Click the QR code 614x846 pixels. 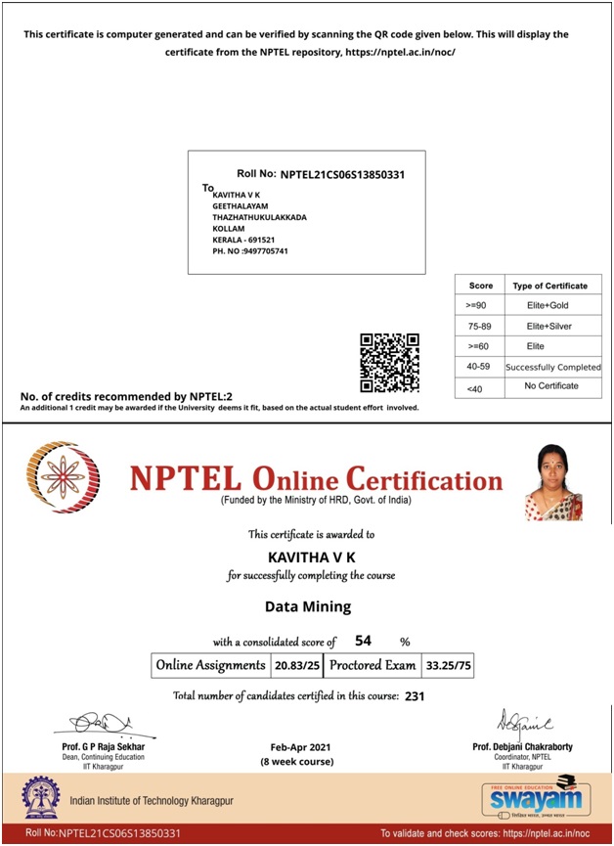(389, 362)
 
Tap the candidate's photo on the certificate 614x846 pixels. (554, 482)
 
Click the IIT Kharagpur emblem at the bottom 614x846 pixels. (39, 798)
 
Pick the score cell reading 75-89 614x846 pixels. (480, 326)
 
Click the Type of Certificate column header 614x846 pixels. (549, 286)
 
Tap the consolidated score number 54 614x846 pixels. (364, 641)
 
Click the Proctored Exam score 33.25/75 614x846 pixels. (448, 665)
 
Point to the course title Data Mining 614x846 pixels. (308, 606)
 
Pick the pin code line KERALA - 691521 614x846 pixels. (243, 240)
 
